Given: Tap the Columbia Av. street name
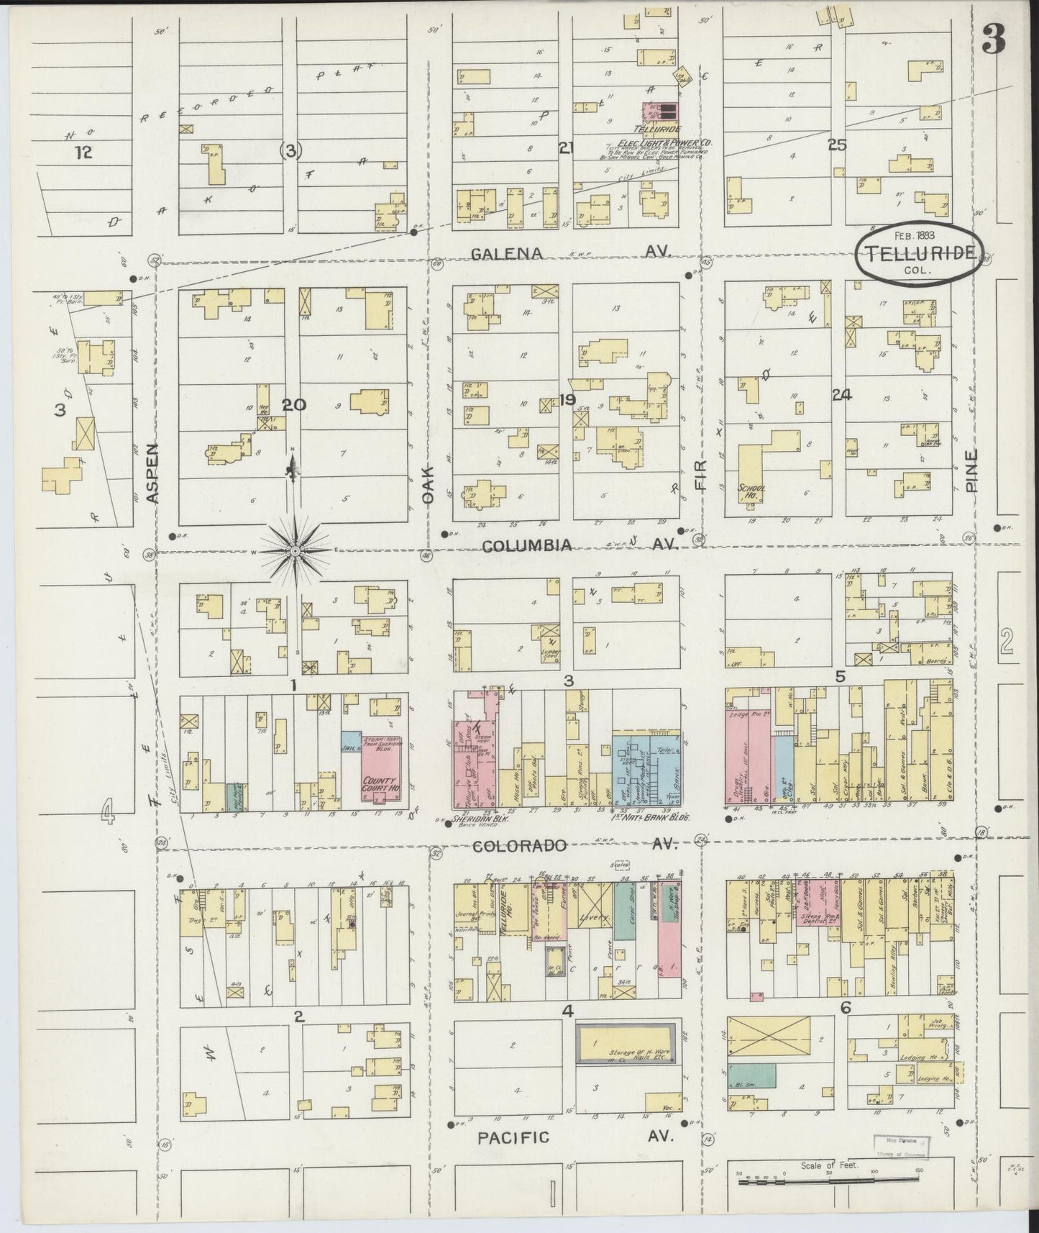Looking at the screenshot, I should click(580, 546).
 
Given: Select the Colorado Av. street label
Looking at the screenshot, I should click(575, 846).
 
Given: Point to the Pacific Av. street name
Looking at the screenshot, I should click(575, 1137).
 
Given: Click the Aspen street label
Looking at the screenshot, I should click(152, 471).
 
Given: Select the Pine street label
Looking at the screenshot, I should click(973, 471).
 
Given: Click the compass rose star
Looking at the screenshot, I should click(294, 551).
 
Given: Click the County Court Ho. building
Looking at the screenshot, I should click(380, 770).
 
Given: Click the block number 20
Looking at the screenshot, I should click(293, 405).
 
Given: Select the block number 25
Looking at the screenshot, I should click(836, 145).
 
